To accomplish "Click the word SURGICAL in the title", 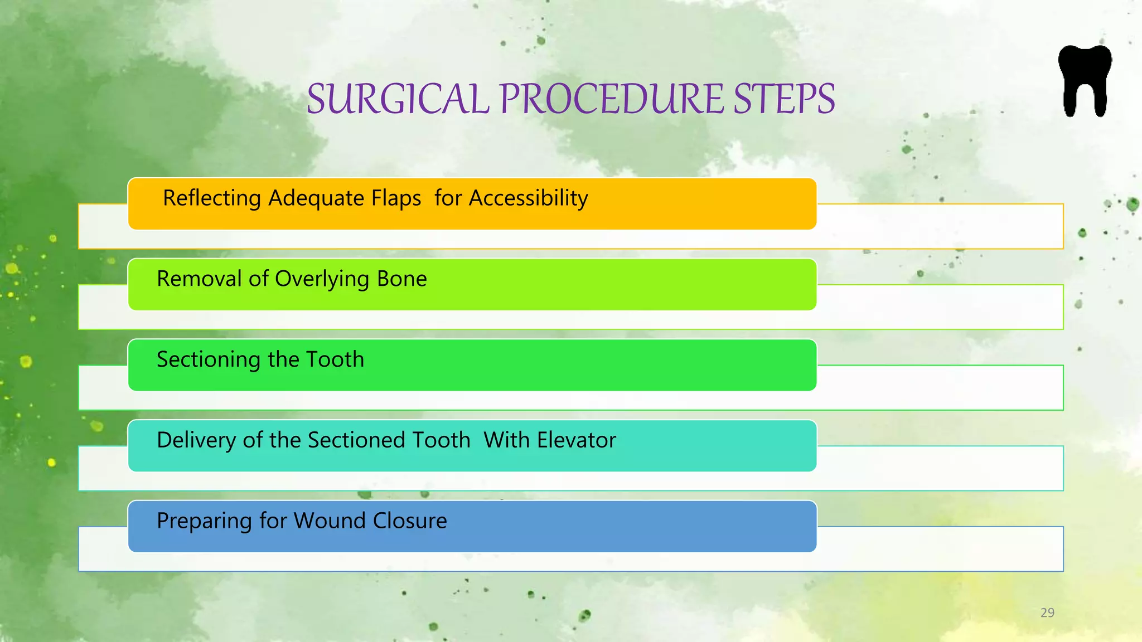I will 398,99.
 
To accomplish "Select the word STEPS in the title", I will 783,99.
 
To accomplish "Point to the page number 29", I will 1047,612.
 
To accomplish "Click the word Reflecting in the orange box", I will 211,198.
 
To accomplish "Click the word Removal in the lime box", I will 199,279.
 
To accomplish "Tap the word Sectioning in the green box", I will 208,359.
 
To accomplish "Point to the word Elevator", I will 577,440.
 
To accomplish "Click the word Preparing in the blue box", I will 204,521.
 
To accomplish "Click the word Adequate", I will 316,199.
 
